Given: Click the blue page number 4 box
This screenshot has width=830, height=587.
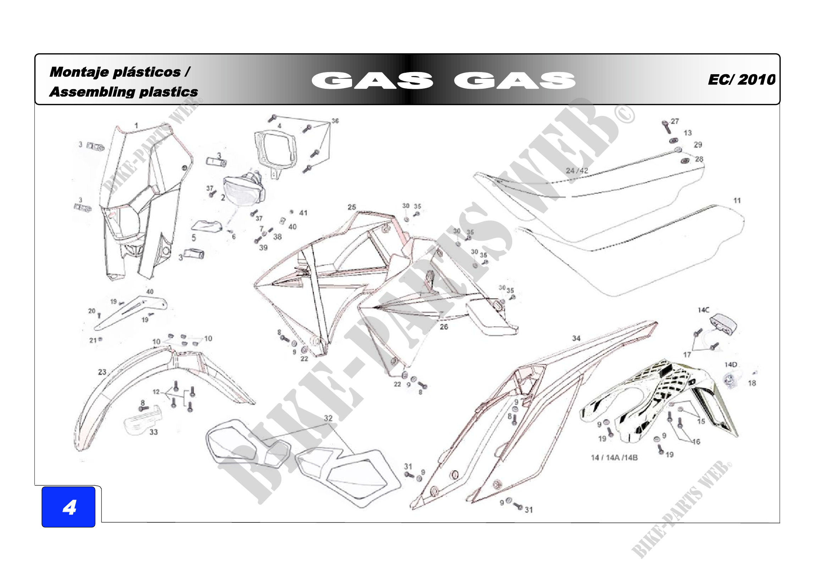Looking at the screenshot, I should click(68, 507).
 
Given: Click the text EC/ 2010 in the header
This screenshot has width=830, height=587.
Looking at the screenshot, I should click(741, 80).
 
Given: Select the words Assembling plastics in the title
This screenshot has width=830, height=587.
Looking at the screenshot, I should click(123, 92).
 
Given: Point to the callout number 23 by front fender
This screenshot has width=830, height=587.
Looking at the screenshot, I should click(102, 372).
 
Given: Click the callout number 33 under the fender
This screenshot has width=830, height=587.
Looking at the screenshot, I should click(154, 432).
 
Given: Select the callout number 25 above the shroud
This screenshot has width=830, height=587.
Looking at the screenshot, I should click(352, 207).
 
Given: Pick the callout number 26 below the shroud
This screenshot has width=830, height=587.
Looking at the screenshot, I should click(444, 327).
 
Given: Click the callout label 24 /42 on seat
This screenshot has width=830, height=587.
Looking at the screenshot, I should click(577, 171).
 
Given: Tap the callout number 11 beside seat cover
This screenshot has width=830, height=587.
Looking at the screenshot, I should click(737, 200).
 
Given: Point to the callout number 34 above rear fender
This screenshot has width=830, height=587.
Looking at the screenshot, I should click(576, 338).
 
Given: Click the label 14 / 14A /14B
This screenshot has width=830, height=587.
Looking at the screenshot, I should click(614, 457).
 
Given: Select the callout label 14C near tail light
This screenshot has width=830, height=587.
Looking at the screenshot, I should click(703, 310).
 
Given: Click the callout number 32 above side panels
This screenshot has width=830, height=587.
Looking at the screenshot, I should click(328, 418).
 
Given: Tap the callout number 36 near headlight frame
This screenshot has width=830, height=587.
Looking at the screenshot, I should click(335, 121).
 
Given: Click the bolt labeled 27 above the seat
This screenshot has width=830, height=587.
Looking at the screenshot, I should click(665, 126).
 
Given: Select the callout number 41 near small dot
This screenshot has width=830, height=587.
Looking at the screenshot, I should click(303, 213).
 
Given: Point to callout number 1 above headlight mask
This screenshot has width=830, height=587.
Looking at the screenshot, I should click(136, 125).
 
